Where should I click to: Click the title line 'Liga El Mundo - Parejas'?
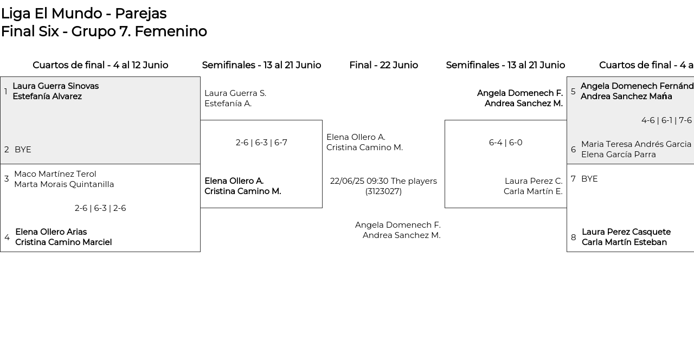pyautogui.click(x=84, y=14)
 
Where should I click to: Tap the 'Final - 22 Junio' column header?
pyautogui.click(x=383, y=65)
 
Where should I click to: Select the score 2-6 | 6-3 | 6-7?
pyautogui.click(x=261, y=143)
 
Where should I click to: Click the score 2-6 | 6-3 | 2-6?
pyautogui.click(x=100, y=208)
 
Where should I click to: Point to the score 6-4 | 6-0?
pyautogui.click(x=506, y=143)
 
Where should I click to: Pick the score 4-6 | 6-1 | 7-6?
pyautogui.click(x=666, y=120)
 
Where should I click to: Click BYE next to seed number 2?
pyautogui.click(x=23, y=150)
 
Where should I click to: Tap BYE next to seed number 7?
pyautogui.click(x=589, y=179)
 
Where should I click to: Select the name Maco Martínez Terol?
pyautogui.click(x=55, y=174)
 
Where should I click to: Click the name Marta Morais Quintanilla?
pyautogui.click(x=64, y=184)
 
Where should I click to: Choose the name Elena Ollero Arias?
pyautogui.click(x=51, y=232)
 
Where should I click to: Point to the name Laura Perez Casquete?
pyautogui.click(x=626, y=232)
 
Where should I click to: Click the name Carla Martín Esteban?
pyautogui.click(x=624, y=242)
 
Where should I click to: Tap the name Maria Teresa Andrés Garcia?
pyautogui.click(x=636, y=144)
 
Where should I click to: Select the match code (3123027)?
pyautogui.click(x=383, y=191)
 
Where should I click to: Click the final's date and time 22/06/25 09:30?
pyautogui.click(x=359, y=181)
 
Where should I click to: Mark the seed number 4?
pyautogui.click(x=7, y=237)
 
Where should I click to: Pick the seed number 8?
pyautogui.click(x=574, y=237)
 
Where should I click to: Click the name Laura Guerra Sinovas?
pyautogui.click(x=56, y=86)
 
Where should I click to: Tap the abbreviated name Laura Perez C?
pyautogui.click(x=534, y=181)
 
